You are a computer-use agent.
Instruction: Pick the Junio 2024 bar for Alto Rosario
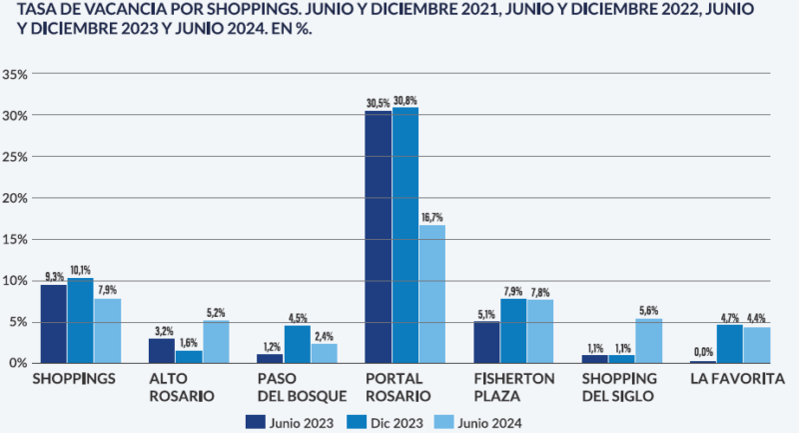(216, 341)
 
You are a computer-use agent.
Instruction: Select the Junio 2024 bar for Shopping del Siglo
(648, 340)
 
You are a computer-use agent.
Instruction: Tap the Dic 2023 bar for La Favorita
(729, 343)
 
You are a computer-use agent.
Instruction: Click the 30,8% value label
(406, 101)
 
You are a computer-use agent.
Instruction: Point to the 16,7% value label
(432, 217)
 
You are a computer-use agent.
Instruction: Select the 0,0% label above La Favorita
(702, 351)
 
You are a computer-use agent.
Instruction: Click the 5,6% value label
(648, 310)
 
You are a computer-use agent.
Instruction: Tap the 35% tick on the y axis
(15, 74)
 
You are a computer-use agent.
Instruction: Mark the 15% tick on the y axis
(15, 239)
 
